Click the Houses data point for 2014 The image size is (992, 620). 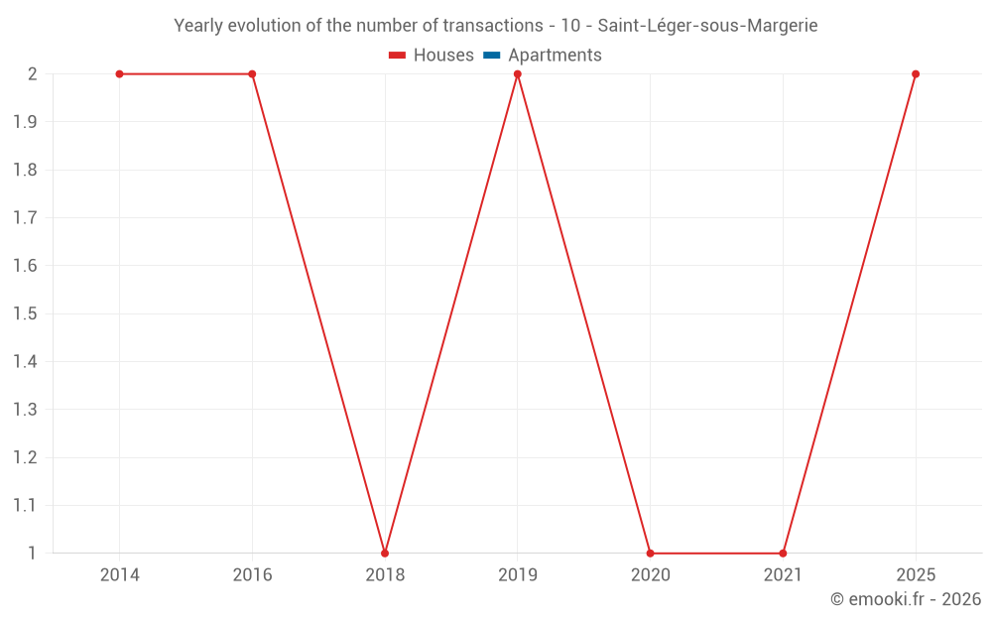pyautogui.click(x=119, y=74)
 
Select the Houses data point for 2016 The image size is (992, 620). pyautogui.click(x=252, y=74)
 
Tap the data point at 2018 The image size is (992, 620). pyautogui.click(x=385, y=553)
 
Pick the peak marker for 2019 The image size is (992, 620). pyautogui.click(x=517, y=74)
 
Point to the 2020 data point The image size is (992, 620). pyautogui.click(x=650, y=553)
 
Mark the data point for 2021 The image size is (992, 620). pyautogui.click(x=783, y=553)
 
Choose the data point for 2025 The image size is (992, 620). pyautogui.click(x=916, y=74)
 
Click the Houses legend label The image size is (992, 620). pyautogui.click(x=443, y=56)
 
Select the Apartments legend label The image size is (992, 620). pyautogui.click(x=555, y=56)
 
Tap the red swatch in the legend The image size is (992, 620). pyautogui.click(x=398, y=56)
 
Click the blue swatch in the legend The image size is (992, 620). pyautogui.click(x=492, y=56)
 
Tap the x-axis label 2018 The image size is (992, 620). pyautogui.click(x=385, y=575)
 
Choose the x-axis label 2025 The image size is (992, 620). pyautogui.click(x=916, y=575)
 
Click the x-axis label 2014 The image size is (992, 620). pyautogui.click(x=119, y=575)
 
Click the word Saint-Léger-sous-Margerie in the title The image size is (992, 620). pyautogui.click(x=707, y=26)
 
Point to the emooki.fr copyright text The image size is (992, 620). pyautogui.click(x=905, y=599)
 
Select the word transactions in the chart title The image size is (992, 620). pyautogui.click(x=477, y=26)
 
